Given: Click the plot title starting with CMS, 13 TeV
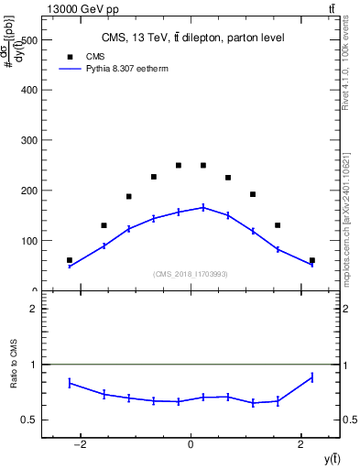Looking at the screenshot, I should [x=192, y=38].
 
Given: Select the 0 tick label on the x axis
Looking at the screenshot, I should [x=191, y=444].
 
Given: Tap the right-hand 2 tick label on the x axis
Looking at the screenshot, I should [x=301, y=444].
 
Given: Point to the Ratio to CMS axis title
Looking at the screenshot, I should [x=16, y=365].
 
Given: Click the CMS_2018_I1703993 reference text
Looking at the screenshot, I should [x=191, y=274].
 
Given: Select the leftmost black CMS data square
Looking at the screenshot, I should [x=70, y=260].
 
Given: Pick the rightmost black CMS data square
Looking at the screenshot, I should [x=312, y=260].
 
